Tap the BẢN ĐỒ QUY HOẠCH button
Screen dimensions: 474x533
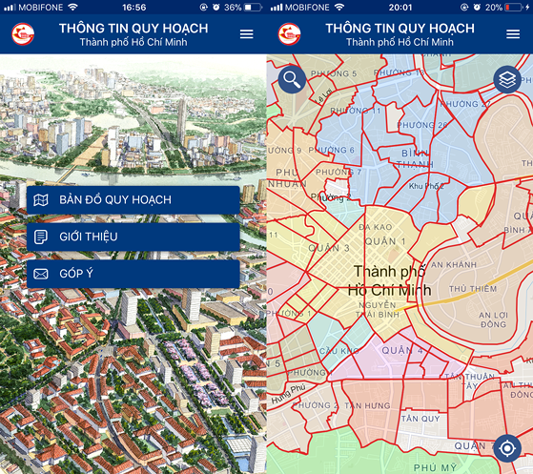[x=133, y=200]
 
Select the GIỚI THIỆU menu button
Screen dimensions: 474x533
[x=133, y=237]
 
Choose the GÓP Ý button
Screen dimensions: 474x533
[x=133, y=274]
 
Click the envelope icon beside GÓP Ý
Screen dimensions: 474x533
[x=40, y=274]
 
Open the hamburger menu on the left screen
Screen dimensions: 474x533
[x=247, y=34]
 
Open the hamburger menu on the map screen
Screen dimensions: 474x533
[x=513, y=34]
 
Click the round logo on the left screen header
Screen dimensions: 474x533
[x=22, y=35]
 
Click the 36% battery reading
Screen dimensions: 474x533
[x=233, y=7]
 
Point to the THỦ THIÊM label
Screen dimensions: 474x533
[x=473, y=289]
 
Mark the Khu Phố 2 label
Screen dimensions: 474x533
[x=424, y=186]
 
